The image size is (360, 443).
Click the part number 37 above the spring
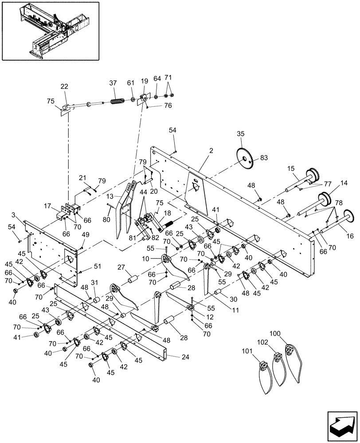[x=113, y=83]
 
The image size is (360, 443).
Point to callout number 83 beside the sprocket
[x=264, y=158]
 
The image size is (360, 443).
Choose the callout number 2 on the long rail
[x=211, y=151]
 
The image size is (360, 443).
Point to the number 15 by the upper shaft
[x=291, y=169]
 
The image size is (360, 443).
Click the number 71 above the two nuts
[x=168, y=78]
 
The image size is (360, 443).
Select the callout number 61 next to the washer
[x=130, y=83]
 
